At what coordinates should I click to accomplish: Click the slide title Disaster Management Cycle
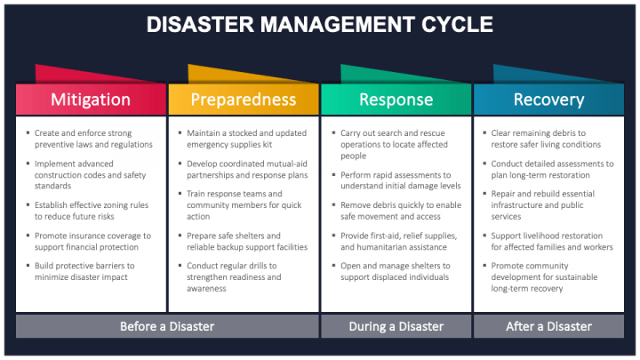pos(320,24)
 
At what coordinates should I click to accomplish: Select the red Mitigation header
pos(91,100)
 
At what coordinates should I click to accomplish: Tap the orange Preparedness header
pos(243,100)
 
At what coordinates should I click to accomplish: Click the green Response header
pos(396,100)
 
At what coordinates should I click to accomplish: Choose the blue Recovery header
pos(548,100)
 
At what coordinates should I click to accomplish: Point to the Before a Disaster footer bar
pos(167,326)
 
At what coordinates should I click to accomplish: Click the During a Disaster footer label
pos(396,326)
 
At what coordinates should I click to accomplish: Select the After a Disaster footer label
pos(548,326)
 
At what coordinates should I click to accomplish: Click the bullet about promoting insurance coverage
pos(92,240)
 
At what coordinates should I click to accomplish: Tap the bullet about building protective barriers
pos(84,270)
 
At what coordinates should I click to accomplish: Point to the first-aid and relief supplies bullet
pos(396,240)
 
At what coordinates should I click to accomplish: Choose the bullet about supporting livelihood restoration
pos(551,240)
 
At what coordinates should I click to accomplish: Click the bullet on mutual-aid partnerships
pos(244,169)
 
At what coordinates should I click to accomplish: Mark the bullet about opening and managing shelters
pos(396,270)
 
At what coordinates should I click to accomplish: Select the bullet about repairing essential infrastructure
pos(547,204)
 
